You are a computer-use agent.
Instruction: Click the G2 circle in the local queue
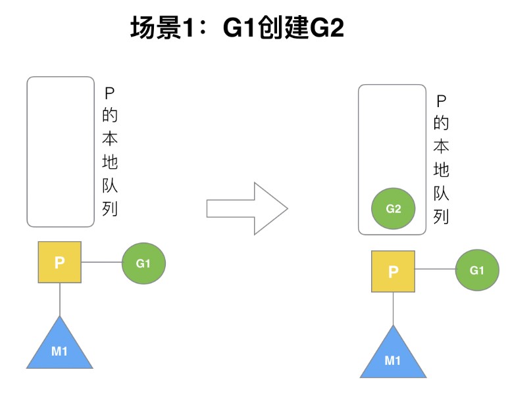point(393,209)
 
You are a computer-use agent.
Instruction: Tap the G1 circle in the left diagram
point(143,264)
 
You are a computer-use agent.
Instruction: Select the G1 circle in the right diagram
point(477,270)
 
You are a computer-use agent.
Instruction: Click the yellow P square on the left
point(59,262)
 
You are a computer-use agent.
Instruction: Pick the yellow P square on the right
point(393,271)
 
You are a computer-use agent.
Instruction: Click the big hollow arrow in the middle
point(247,208)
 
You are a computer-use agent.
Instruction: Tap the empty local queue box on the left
point(61,151)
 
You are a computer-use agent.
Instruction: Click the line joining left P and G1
point(101,263)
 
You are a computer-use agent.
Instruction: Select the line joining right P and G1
point(435,270)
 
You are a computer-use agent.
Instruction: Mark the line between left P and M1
point(60,299)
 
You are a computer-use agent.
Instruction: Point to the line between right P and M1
point(393,308)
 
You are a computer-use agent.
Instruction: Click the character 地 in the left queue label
point(110,162)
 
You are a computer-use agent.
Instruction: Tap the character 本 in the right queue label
point(442,146)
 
